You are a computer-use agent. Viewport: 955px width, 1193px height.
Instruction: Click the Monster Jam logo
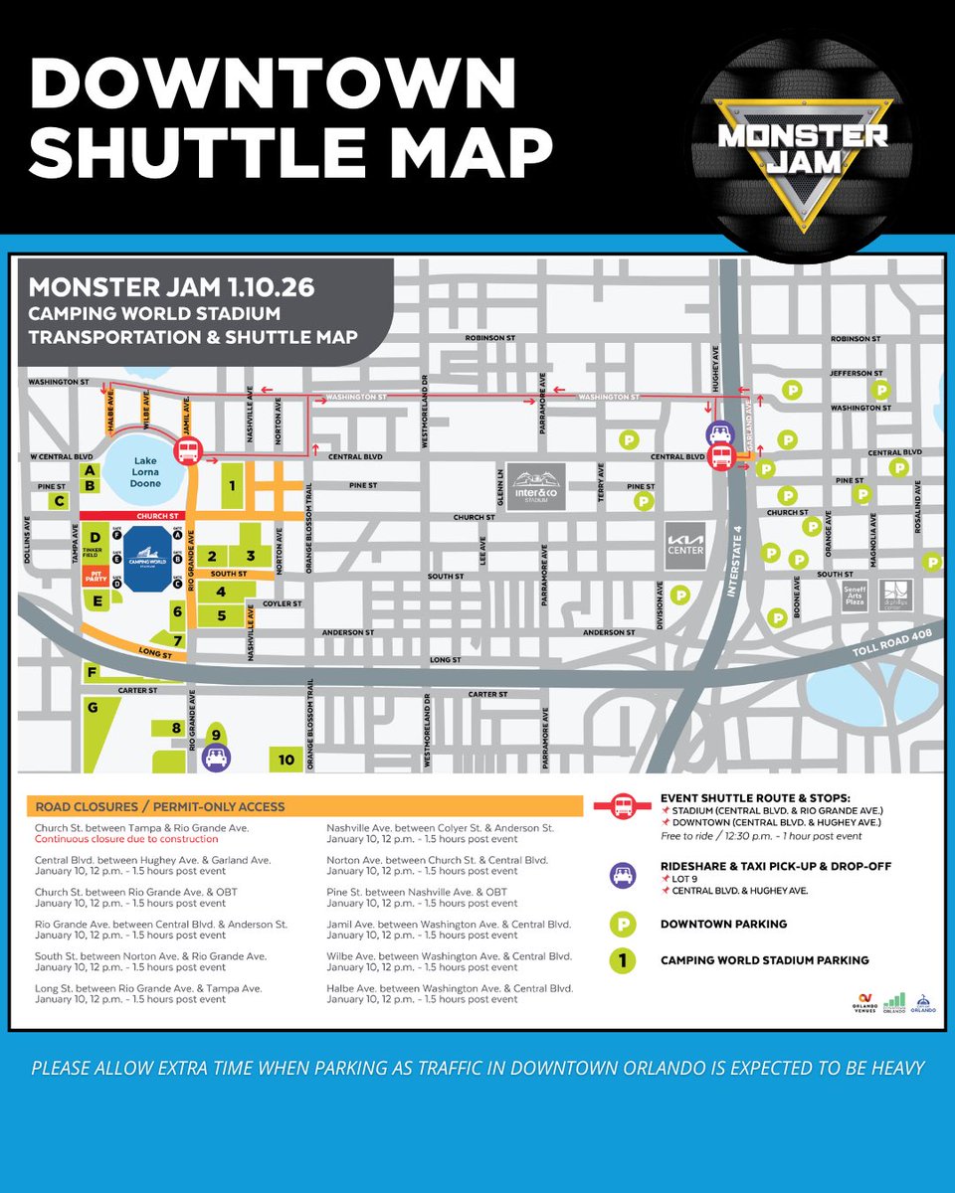pos(804,138)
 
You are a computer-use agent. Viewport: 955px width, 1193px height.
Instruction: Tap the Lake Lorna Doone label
pos(145,474)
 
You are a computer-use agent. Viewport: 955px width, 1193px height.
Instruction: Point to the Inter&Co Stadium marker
pos(536,488)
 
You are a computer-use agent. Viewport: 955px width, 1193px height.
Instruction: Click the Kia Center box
pos(686,544)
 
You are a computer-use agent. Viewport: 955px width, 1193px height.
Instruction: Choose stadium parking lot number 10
pos(286,761)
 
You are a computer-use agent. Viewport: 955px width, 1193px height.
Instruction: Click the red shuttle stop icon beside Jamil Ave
pos(187,453)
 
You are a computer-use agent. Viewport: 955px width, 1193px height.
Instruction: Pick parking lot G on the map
pos(93,709)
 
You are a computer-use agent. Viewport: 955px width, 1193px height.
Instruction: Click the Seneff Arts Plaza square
pos(853,595)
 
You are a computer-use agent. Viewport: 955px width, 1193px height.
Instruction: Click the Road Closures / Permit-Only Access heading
pos(159,806)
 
